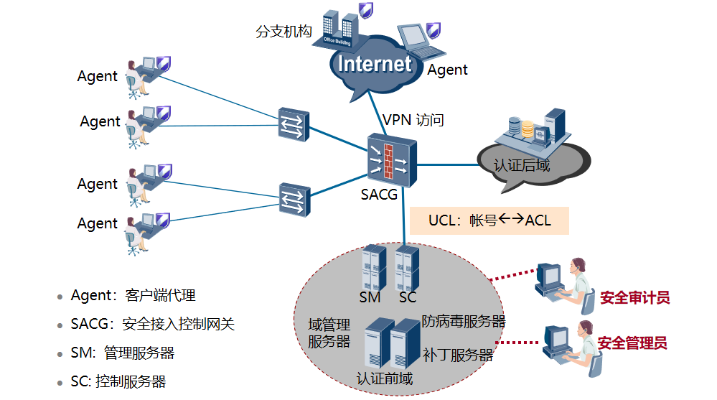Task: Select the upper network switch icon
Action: [294, 125]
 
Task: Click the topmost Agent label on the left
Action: [97, 76]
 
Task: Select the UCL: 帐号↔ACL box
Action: [489, 220]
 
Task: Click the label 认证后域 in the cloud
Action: [522, 166]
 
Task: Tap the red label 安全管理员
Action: [632, 343]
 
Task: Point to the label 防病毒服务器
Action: [464, 321]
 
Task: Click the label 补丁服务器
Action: [458, 355]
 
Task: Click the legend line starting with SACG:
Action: [152, 325]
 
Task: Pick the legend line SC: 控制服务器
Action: [118, 381]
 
